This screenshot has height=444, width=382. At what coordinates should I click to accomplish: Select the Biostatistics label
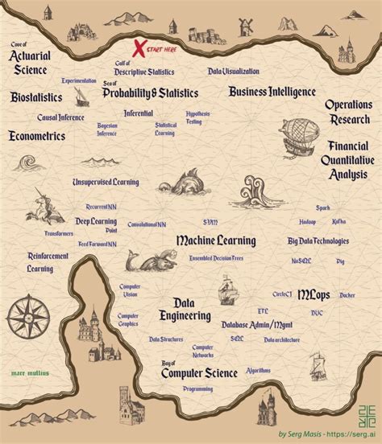[31, 97]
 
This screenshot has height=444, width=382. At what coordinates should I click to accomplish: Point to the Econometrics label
[37, 136]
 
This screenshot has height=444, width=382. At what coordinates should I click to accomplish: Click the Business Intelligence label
[272, 92]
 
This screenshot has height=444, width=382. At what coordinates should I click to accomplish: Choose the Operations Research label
[347, 112]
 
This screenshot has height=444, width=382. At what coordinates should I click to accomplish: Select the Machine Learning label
[215, 240]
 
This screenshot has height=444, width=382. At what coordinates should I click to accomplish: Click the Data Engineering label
[185, 310]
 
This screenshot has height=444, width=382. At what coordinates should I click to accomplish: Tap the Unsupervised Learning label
[105, 183]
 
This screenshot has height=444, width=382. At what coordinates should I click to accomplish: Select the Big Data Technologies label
[318, 240]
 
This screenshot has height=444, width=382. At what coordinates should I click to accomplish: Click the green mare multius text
[31, 372]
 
